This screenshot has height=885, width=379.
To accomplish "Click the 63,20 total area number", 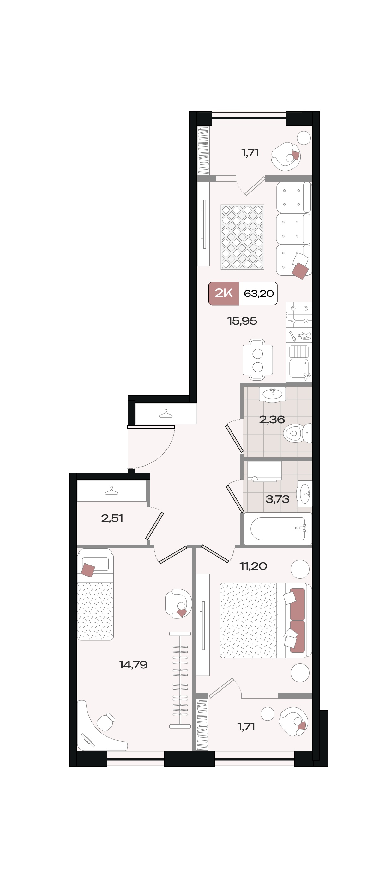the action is pyautogui.click(x=258, y=293).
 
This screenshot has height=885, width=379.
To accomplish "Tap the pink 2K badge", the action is pyautogui.click(x=224, y=293).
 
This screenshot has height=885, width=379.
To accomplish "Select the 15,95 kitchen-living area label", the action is pyautogui.click(x=242, y=321).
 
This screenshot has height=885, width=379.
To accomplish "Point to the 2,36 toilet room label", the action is pyautogui.click(x=272, y=419).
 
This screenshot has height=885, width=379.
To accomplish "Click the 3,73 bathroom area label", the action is pyautogui.click(x=277, y=499).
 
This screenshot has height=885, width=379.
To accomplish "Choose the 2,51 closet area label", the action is pyautogui.click(x=112, y=518).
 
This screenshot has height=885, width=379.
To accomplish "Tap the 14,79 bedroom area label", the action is pyautogui.click(x=133, y=664).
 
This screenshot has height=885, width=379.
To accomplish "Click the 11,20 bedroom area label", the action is pyautogui.click(x=253, y=566).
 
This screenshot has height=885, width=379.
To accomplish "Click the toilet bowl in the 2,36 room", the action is pyautogui.click(x=297, y=433).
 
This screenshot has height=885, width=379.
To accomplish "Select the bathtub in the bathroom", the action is pyautogui.click(x=278, y=529).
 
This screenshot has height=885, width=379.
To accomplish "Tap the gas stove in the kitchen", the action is pyautogui.click(x=299, y=315).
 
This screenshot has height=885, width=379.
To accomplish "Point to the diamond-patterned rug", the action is pyautogui.click(x=242, y=237).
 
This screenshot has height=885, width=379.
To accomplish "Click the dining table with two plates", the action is pyautogui.click(x=257, y=360).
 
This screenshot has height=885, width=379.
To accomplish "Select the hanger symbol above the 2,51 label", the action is pyautogui.click(x=111, y=490).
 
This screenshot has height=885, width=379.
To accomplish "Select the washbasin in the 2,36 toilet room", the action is pyautogui.click(x=272, y=394).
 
